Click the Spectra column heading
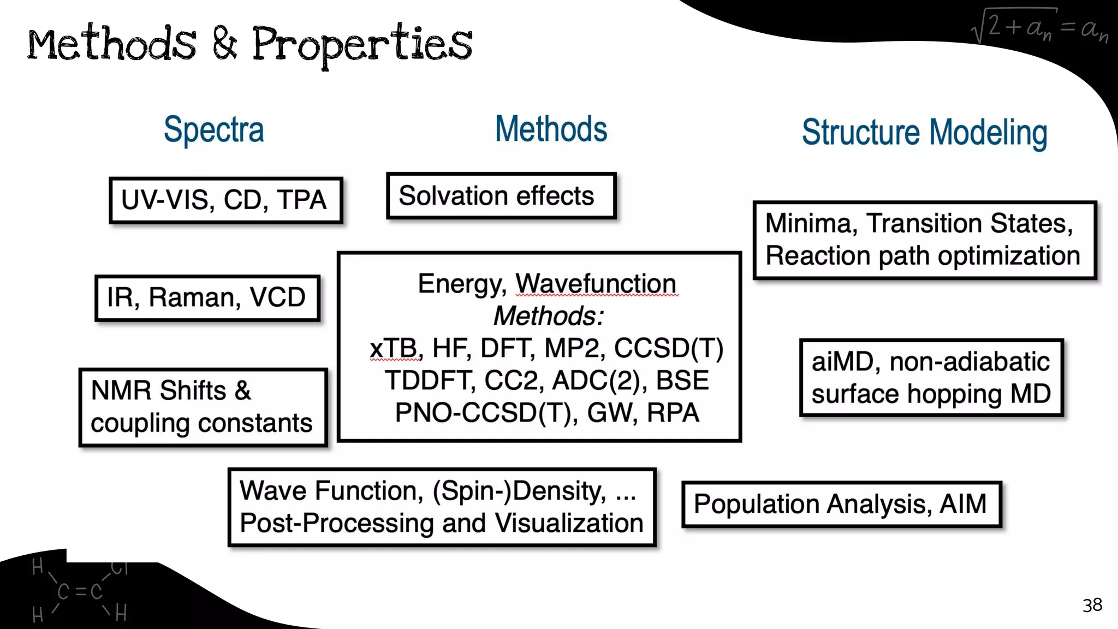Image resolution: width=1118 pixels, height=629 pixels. (214, 130)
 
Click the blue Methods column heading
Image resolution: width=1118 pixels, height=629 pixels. (551, 129)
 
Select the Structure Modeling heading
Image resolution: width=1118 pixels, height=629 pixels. (924, 133)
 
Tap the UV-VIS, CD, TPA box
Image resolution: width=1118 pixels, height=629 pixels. (225, 200)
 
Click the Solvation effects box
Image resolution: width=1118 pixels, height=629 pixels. (501, 196)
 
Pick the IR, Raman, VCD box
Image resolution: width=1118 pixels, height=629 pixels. (207, 298)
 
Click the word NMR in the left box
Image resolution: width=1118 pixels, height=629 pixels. (121, 391)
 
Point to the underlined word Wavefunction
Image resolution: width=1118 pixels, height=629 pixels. (596, 284)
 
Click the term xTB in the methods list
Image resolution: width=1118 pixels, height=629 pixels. (393, 348)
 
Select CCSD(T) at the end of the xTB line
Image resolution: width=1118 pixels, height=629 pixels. (669, 348)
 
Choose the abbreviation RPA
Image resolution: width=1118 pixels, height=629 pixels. (673, 413)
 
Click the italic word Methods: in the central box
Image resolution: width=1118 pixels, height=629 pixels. (548, 316)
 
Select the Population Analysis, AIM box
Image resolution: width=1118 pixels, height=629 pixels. (841, 504)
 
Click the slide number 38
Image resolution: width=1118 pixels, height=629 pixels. (1092, 605)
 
